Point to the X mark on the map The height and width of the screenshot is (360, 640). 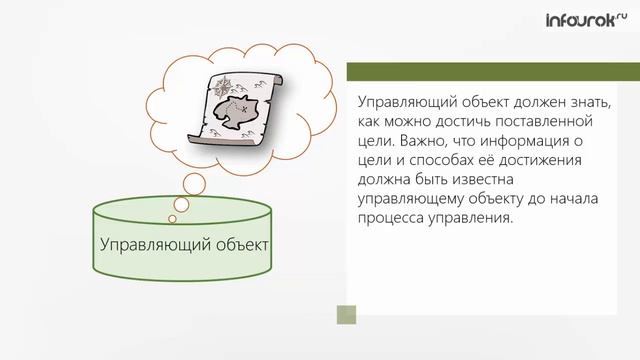click(x=240, y=105)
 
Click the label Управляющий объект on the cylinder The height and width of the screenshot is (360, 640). click(x=185, y=245)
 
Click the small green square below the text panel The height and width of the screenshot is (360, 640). click(x=346, y=316)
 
